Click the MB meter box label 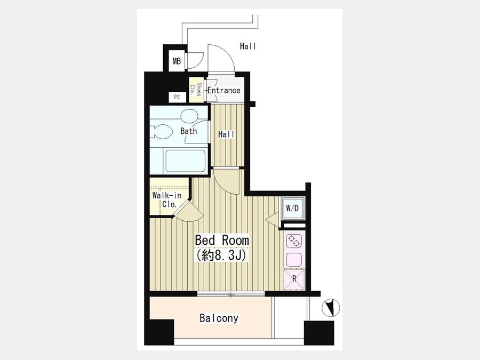(x=177, y=61)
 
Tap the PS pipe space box (x=177, y=98)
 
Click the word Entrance (x=224, y=91)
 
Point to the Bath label (x=189, y=131)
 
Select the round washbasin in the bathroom (x=188, y=116)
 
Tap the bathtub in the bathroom (x=186, y=161)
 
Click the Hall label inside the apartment (x=227, y=134)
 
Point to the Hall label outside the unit (x=248, y=46)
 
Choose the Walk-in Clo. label (x=167, y=199)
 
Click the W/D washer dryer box (x=292, y=209)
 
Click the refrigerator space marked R (x=294, y=279)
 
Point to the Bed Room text (x=222, y=241)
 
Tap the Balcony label (x=219, y=318)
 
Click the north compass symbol (x=331, y=308)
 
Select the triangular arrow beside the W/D (x=272, y=220)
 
